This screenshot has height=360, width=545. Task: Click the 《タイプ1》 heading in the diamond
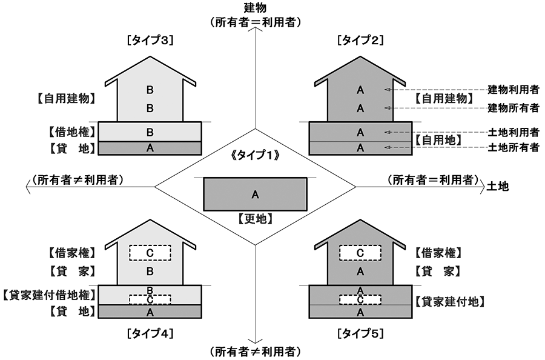pyautogui.click(x=255, y=155)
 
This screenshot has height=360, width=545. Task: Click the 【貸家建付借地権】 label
pyautogui.click(x=49, y=295)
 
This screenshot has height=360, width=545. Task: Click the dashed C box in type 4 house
pyautogui.click(x=151, y=252)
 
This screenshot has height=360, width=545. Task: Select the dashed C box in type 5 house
pyautogui.click(x=360, y=252)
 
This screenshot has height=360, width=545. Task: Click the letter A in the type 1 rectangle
pyautogui.click(x=255, y=195)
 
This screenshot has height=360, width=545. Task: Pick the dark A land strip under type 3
pyautogui.click(x=151, y=148)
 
